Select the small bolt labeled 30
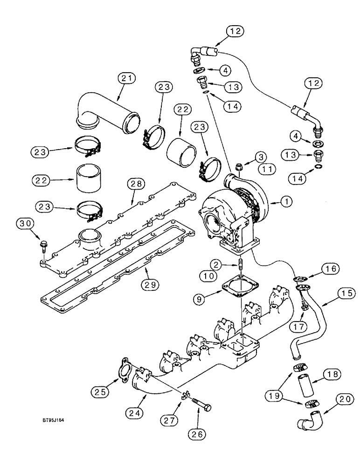click(x=42, y=244)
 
